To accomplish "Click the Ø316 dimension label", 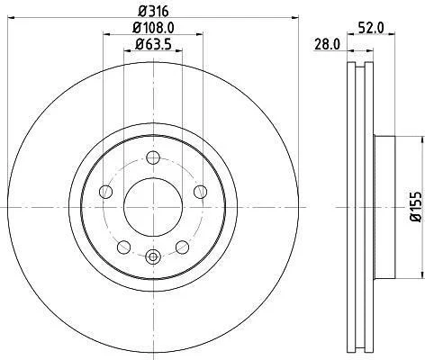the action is pyautogui.click(x=153, y=12).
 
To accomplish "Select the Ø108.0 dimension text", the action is pyautogui.click(x=153, y=28).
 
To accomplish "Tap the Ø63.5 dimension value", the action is pyautogui.click(x=153, y=45).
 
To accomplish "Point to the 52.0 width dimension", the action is pyautogui.click(x=371, y=28).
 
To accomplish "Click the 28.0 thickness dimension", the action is pyautogui.click(x=327, y=45).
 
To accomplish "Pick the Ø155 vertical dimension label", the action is pyautogui.click(x=416, y=207).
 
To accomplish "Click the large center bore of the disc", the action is pyautogui.click(x=153, y=207).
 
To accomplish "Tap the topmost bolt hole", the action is pyautogui.click(x=153, y=157).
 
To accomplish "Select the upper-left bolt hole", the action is pyautogui.click(x=105, y=192).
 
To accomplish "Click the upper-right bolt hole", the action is pyautogui.click(x=200, y=192).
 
